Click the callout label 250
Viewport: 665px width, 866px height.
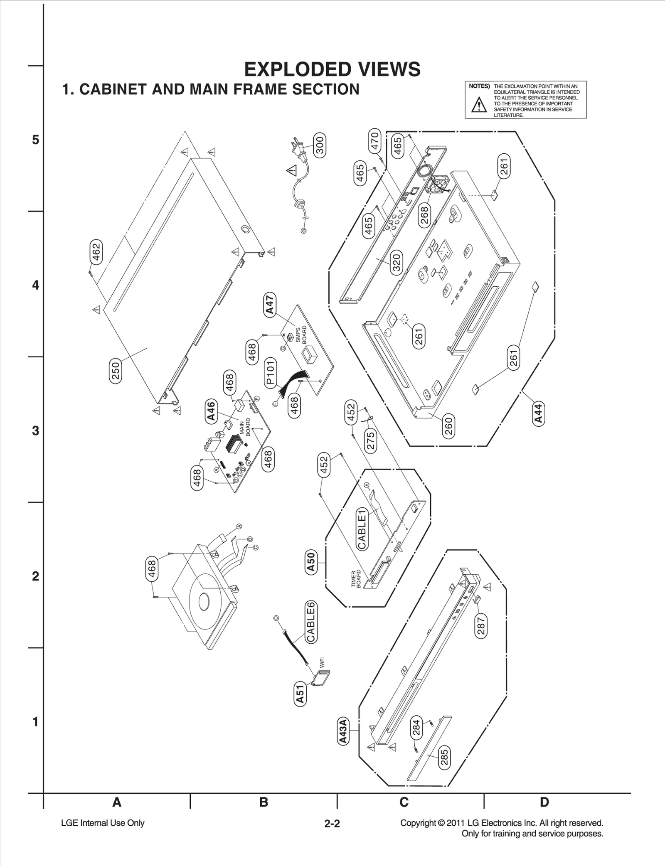click(116, 371)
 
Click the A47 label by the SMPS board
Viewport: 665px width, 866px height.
click(270, 305)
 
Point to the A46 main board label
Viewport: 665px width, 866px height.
click(212, 411)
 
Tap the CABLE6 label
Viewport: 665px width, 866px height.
click(311, 622)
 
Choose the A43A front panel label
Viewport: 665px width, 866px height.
click(343, 731)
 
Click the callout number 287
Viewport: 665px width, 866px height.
click(480, 627)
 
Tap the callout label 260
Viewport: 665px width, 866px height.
click(448, 426)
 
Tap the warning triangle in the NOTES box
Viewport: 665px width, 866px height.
click(479, 105)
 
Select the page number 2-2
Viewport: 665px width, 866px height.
click(332, 824)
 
